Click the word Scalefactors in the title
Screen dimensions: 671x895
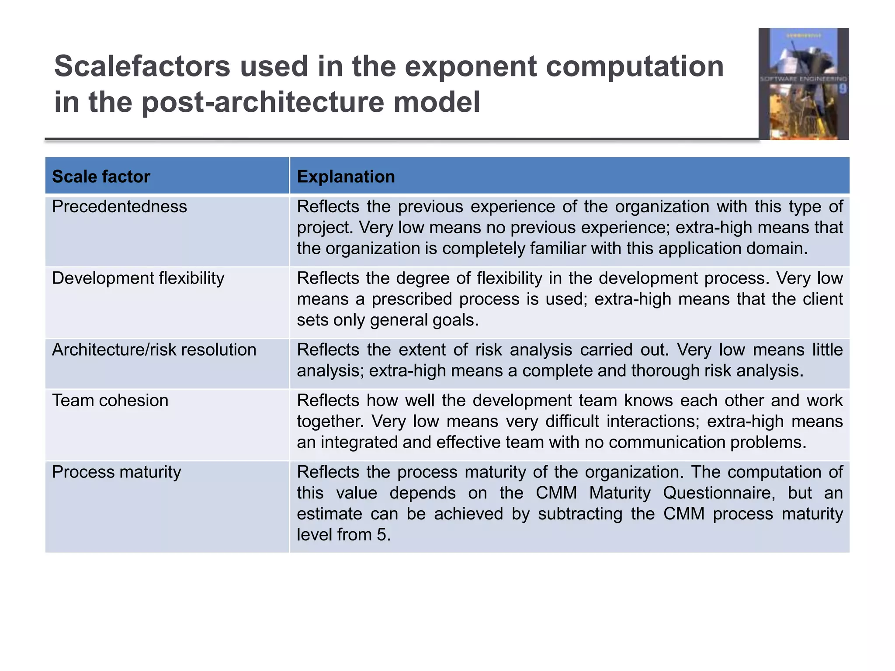tap(142, 66)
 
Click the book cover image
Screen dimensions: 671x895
tap(803, 84)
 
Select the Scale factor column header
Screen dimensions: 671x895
tap(101, 176)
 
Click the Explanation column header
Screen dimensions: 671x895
tap(346, 176)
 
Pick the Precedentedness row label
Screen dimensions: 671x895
tap(119, 207)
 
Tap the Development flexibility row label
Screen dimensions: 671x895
tap(138, 278)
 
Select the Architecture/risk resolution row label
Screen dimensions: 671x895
tap(154, 350)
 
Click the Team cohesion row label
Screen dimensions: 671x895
tap(110, 401)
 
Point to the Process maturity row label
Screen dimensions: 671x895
tap(116, 472)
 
